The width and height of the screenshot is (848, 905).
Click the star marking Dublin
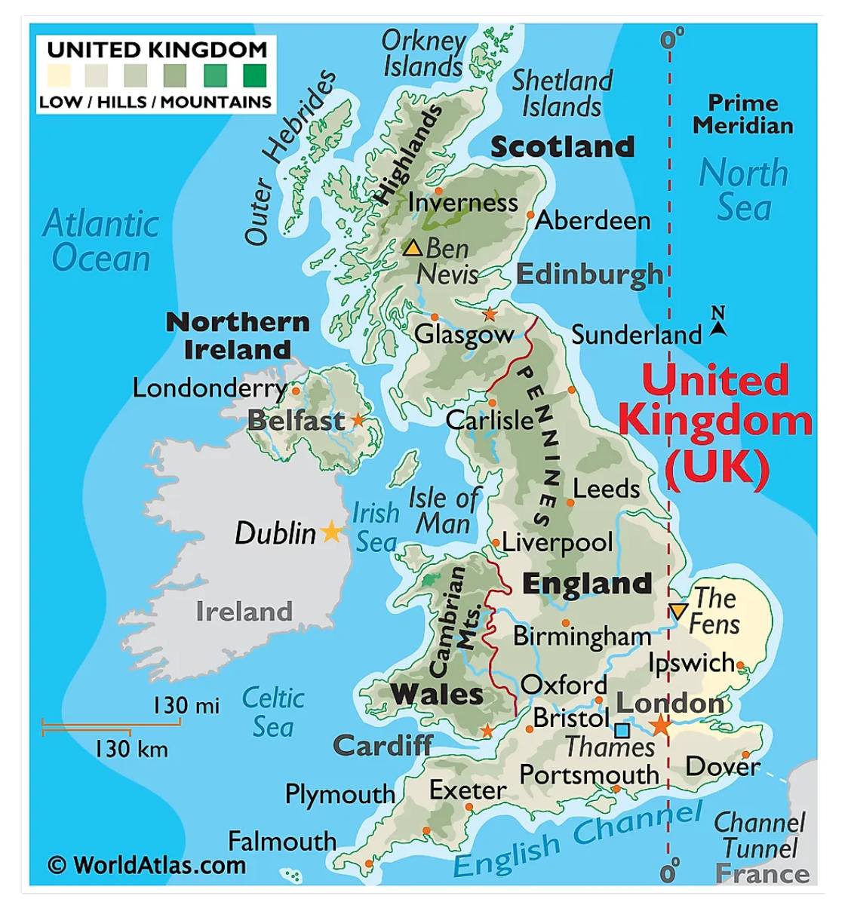click(x=330, y=532)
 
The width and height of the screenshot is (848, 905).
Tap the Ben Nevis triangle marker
click(x=412, y=247)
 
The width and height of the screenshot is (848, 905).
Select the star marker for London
click(x=660, y=726)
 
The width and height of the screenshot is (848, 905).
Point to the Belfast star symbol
click(x=358, y=421)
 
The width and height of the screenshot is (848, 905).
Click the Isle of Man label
click(x=444, y=511)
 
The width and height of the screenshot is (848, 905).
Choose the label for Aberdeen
click(x=593, y=220)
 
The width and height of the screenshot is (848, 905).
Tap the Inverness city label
click(x=462, y=202)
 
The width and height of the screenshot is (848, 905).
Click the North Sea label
click(x=744, y=189)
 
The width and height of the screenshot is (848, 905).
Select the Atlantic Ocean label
click(x=101, y=241)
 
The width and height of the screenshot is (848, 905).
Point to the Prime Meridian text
click(x=743, y=114)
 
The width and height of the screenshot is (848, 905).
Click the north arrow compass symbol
click(x=718, y=322)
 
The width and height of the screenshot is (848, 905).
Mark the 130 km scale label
click(x=131, y=749)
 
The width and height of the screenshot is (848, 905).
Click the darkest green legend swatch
click(x=254, y=75)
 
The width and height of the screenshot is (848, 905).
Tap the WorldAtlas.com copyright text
click(x=148, y=864)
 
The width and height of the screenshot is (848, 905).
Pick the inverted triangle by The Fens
click(x=678, y=611)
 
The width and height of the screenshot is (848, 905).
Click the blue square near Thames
click(x=622, y=730)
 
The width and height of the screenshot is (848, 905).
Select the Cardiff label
click(x=383, y=746)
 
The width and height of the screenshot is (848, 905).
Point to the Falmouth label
click(x=282, y=841)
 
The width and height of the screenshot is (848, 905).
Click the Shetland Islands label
click(x=562, y=93)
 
